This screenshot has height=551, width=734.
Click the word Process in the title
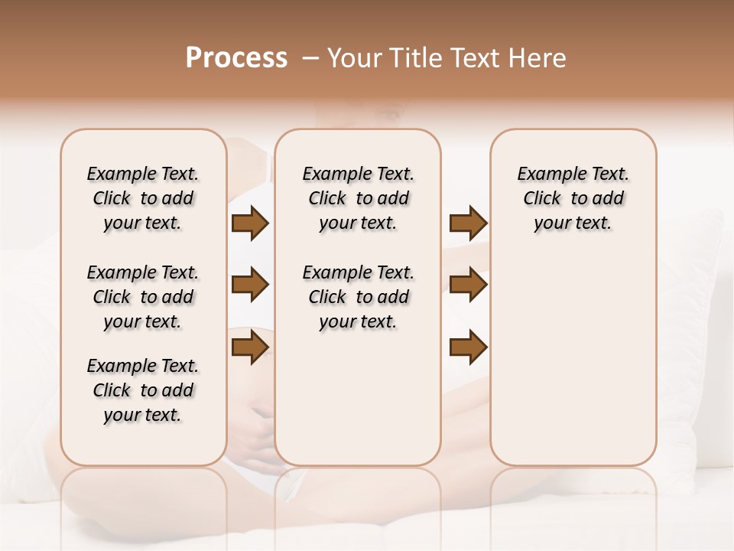236,57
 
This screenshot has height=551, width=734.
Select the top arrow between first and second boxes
250,223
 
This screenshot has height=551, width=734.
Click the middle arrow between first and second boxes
250,285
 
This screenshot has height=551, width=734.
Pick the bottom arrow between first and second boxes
250,347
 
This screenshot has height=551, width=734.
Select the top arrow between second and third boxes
468,223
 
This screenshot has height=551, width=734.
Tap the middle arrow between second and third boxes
468,285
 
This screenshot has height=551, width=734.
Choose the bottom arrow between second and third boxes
468,347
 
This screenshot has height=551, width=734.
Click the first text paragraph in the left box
143,198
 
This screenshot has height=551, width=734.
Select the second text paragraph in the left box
143,297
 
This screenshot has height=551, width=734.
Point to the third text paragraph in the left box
143,390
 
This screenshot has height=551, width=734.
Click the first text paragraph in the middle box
358,198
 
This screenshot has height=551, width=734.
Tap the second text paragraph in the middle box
358,297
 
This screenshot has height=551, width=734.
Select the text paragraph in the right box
573,198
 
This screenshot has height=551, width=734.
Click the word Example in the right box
544,174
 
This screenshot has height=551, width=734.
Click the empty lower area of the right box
573,360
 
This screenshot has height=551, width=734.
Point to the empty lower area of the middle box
358,398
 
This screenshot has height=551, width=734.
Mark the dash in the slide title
310,58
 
